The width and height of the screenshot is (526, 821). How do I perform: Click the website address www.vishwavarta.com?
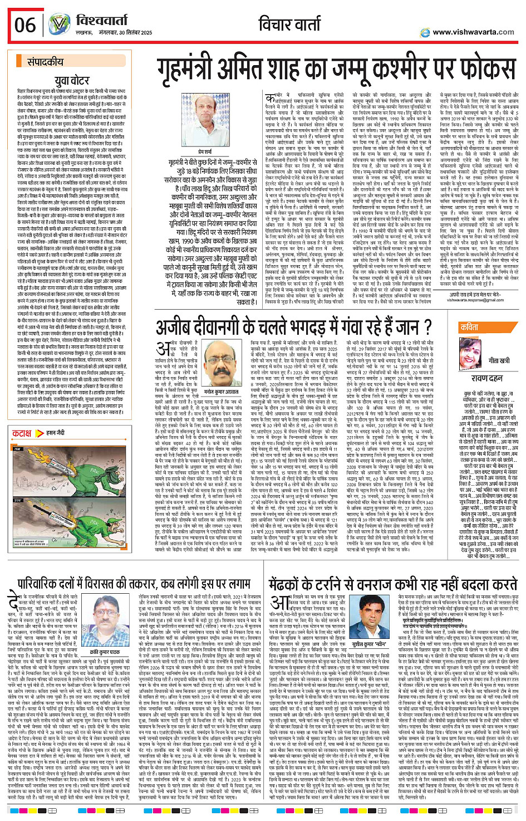click(x=473, y=32)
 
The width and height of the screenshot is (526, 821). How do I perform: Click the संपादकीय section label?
click(x=45, y=62)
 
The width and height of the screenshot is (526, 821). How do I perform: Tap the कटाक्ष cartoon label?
click(x=22, y=433)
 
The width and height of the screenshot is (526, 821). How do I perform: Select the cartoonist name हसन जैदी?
click(x=55, y=433)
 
